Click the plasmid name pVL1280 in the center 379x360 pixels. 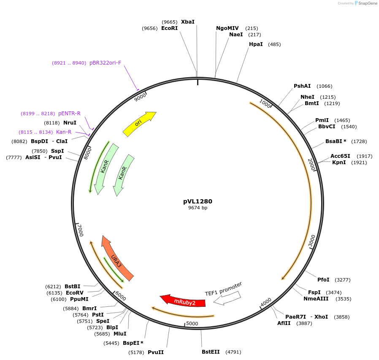198,201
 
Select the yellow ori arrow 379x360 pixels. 139,123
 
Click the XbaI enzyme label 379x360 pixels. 188,22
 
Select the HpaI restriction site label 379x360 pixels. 256,44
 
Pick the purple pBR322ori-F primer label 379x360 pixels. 105,63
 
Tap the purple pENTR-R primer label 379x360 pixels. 69,114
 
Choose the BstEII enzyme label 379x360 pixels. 211,352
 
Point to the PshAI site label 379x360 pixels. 302,86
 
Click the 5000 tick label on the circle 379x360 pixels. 192,324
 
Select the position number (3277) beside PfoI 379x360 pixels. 343,280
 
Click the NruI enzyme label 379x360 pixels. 70,123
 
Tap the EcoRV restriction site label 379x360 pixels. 75,292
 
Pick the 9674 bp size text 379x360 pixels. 198,208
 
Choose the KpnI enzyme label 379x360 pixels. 338,162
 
